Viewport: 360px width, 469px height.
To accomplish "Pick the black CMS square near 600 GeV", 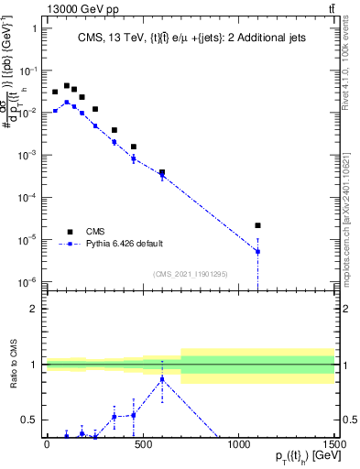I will [x=162, y=172].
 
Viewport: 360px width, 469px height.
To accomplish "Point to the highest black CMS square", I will [x=66, y=86].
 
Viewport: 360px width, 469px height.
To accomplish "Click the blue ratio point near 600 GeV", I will [x=162, y=379].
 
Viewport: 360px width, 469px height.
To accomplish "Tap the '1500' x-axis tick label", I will [x=335, y=444].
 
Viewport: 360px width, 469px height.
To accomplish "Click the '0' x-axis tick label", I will [x=47, y=444].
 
